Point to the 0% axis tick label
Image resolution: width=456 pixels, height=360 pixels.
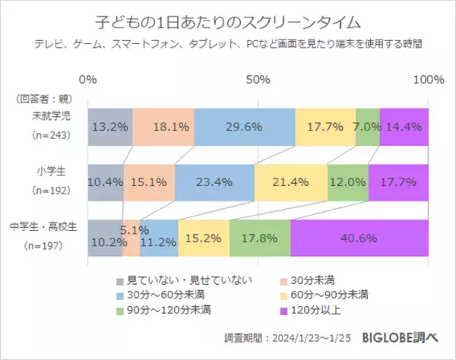[x=88, y=80]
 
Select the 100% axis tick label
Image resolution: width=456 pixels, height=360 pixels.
[x=428, y=80]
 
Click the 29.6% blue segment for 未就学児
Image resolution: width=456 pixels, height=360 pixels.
[x=245, y=127]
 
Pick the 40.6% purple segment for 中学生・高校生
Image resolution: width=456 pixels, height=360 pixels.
[x=359, y=238]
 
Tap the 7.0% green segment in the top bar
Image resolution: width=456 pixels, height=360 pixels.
[x=367, y=127]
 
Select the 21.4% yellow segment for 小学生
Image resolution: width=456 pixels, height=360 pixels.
[x=290, y=183]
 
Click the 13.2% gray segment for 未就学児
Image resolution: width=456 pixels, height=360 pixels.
[x=110, y=127]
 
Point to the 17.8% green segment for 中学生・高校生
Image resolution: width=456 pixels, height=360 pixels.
[x=259, y=238]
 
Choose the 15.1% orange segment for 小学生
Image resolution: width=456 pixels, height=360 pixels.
[x=148, y=183]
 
